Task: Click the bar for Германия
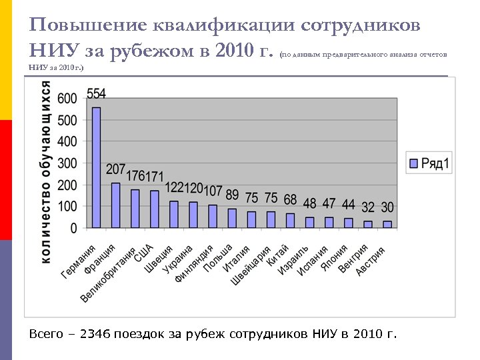(x=97, y=168)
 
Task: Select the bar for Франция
(x=116, y=205)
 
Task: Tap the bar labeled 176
(x=135, y=209)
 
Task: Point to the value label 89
(x=232, y=195)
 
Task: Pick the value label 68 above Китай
(x=290, y=199)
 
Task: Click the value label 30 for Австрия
(x=387, y=207)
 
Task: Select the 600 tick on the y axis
(x=67, y=99)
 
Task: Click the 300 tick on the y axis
(x=67, y=163)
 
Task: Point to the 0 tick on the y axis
(x=73, y=228)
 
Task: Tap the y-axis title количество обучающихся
(x=46, y=172)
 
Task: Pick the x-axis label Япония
(x=334, y=257)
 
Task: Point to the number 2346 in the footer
(x=95, y=333)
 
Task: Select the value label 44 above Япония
(x=349, y=204)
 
